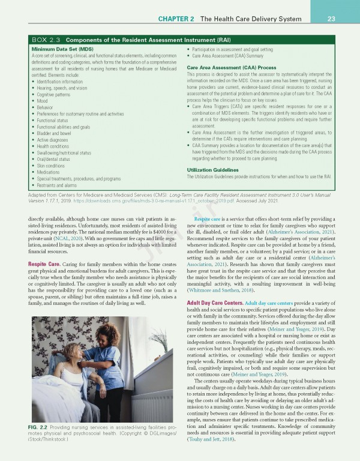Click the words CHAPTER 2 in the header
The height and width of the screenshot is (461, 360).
[176, 19]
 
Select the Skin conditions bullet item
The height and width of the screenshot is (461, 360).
[50, 165]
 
